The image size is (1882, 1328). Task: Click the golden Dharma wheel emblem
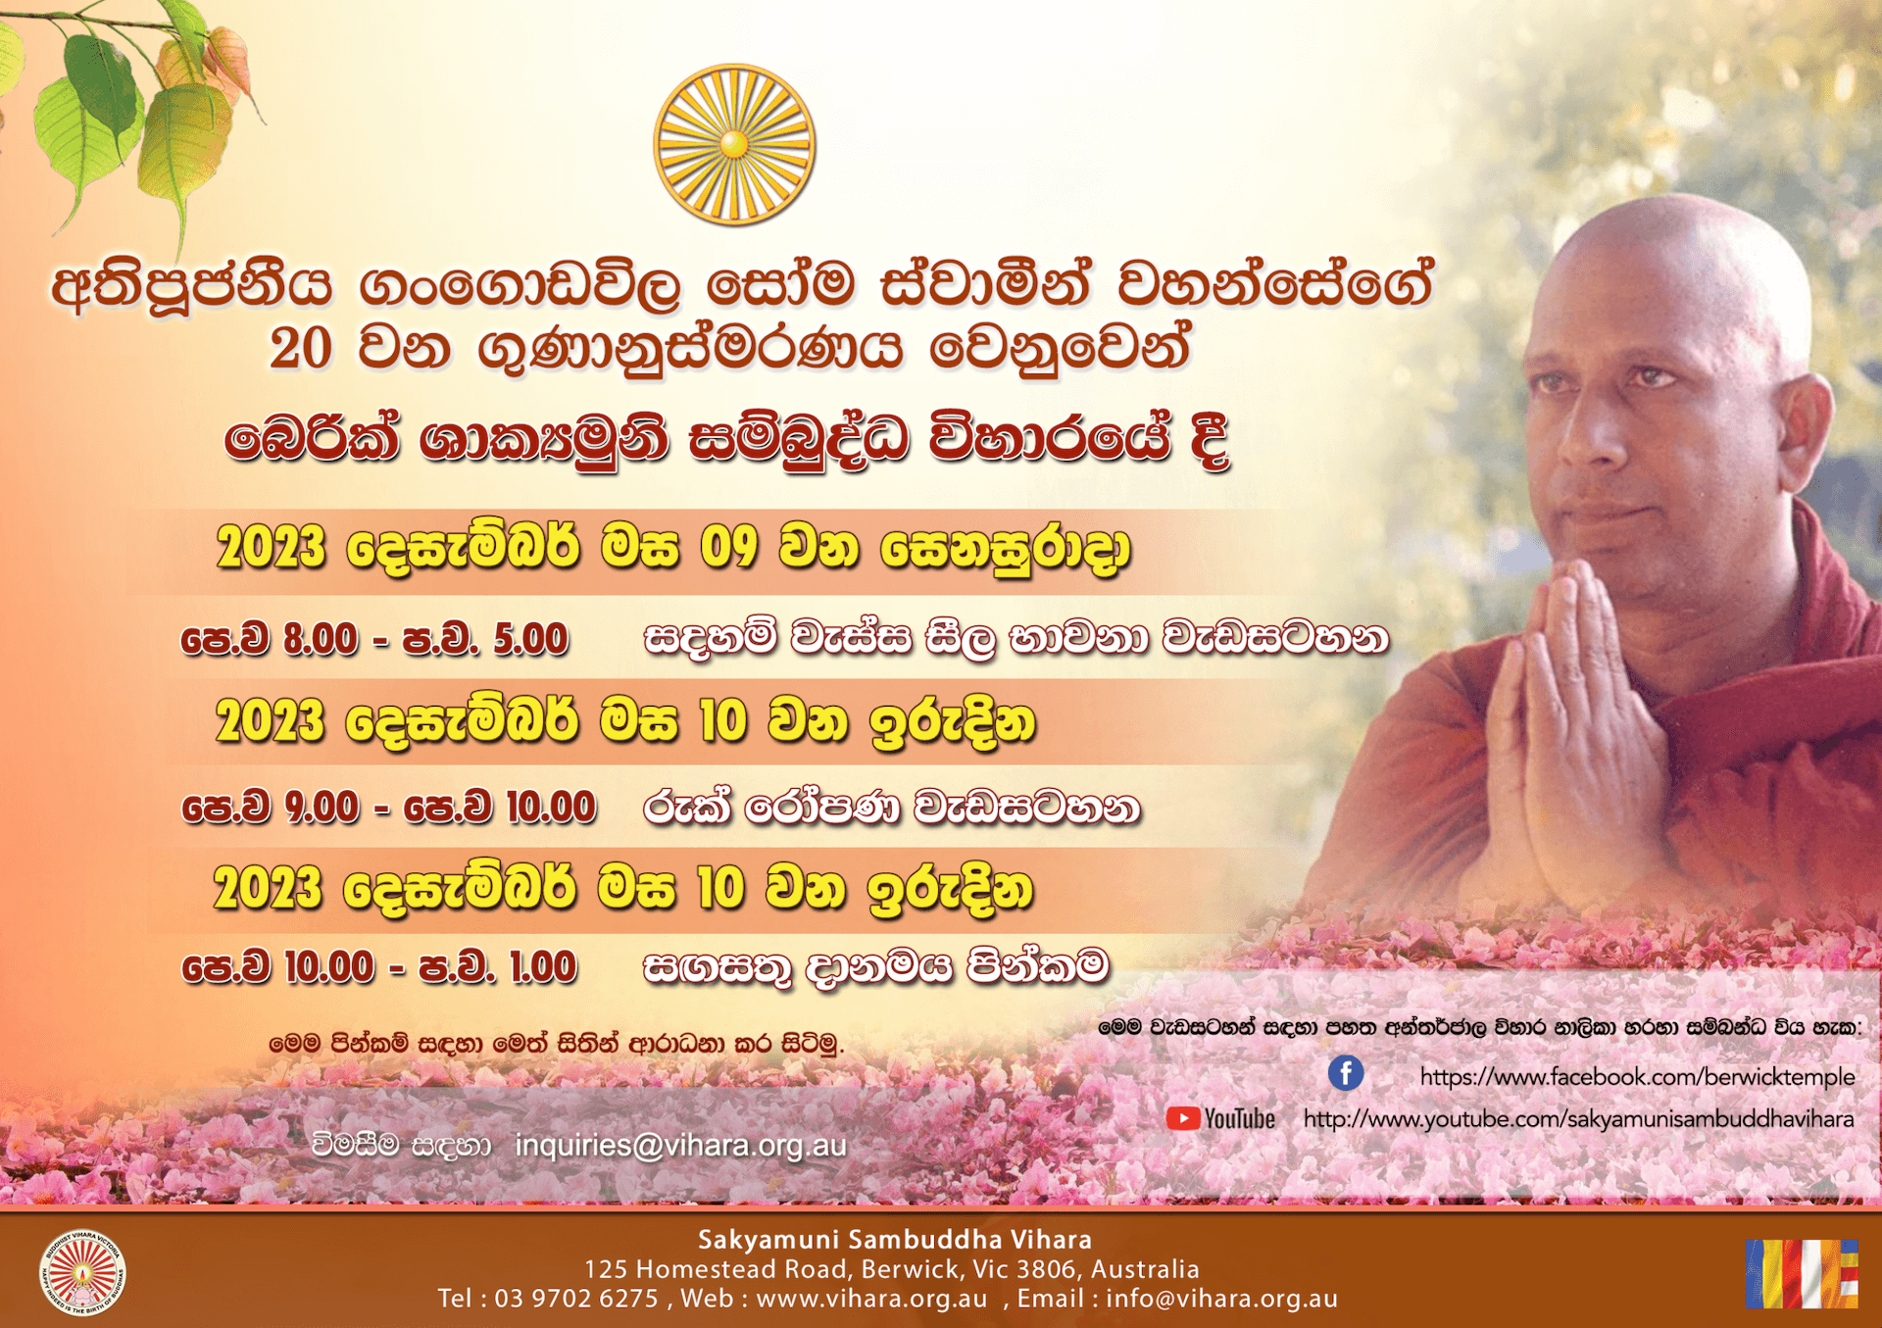(734, 145)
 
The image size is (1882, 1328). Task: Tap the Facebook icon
(1346, 1073)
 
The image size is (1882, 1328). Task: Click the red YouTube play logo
(1183, 1118)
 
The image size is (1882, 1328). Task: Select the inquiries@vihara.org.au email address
(680, 1145)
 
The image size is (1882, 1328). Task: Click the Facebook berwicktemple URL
(1637, 1076)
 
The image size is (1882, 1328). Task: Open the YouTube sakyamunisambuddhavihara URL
(1578, 1119)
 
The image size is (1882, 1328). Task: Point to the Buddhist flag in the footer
(1802, 1274)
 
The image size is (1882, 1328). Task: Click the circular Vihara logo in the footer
(82, 1273)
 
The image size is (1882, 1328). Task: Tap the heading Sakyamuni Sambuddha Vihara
(894, 1240)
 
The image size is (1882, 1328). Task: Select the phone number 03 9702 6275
(576, 1299)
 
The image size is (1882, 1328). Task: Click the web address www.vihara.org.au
(871, 1299)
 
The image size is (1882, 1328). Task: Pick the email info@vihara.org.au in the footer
(1221, 1299)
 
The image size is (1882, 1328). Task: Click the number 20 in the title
(301, 348)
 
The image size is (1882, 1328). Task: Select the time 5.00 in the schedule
(530, 639)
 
